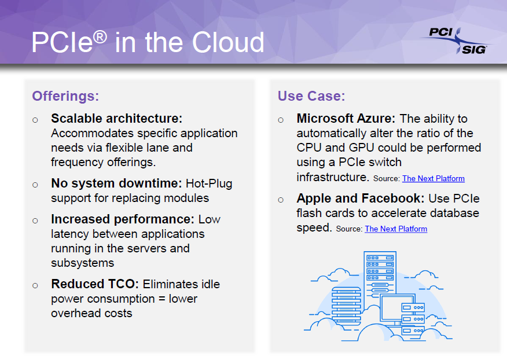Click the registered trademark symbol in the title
100,37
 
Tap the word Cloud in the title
228,42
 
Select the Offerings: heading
65,96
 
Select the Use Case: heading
311,96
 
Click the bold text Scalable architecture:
117,119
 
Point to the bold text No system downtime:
117,183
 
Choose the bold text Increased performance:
123,219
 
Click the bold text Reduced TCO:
95,284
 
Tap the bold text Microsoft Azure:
346,119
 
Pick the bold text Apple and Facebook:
361,199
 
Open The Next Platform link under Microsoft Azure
433,178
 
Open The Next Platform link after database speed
396,229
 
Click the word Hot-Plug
209,183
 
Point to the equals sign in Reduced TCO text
161,299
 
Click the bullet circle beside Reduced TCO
35,285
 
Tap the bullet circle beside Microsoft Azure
281,120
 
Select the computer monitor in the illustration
398,309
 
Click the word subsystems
82,263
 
